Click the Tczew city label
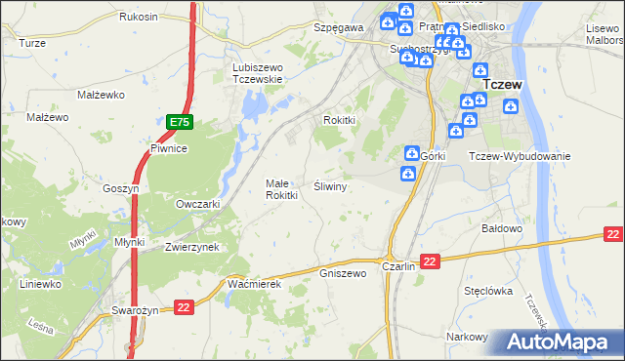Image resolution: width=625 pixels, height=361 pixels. click(503, 85)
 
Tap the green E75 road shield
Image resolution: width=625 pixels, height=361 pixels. click(179, 122)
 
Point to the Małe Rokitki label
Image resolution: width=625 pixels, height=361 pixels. click(281, 189)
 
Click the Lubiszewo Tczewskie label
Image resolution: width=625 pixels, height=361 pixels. click(257, 73)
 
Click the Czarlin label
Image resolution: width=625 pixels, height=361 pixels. click(399, 265)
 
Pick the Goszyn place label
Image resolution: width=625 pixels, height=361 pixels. click(122, 188)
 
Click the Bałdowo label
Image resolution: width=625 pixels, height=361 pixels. click(504, 228)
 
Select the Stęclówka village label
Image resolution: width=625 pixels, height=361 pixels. click(489, 290)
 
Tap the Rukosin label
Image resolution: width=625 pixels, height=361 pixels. click(139, 18)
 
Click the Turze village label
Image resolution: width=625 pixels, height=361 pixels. click(32, 44)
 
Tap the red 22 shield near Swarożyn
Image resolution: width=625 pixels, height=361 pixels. click(184, 308)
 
